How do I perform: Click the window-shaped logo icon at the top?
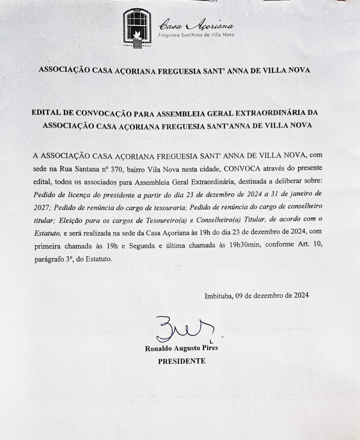(137, 28)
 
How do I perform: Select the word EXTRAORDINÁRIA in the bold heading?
(276, 113)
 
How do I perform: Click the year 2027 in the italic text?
(42, 207)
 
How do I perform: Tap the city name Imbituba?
(219, 296)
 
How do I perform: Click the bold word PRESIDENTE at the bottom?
(182, 361)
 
